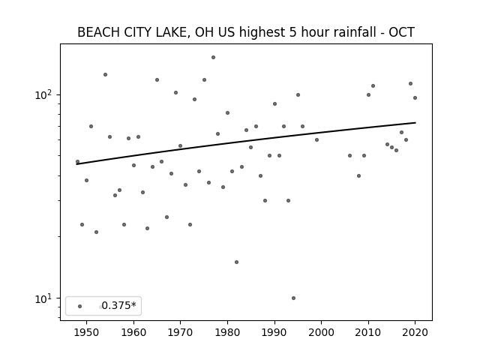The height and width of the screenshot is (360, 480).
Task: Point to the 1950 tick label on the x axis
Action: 87,332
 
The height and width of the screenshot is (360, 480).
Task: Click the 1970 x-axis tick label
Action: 180,332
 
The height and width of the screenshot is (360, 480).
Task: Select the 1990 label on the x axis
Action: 274,332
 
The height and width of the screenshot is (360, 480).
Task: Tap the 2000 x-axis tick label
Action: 322,332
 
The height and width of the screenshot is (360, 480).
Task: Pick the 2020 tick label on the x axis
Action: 415,332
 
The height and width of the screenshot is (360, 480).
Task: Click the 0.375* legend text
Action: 118,305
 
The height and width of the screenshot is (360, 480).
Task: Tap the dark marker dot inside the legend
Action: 80,306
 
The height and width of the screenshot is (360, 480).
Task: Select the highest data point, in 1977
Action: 213,58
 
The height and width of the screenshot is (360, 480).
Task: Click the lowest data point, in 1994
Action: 293,298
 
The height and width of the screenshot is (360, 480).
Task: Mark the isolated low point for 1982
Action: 237,262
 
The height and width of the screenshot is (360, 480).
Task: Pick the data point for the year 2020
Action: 415,98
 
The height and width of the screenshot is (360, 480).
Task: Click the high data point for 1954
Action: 105,75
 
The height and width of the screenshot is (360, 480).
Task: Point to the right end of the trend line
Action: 415,123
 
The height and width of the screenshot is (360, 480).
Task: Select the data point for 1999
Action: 316,140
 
